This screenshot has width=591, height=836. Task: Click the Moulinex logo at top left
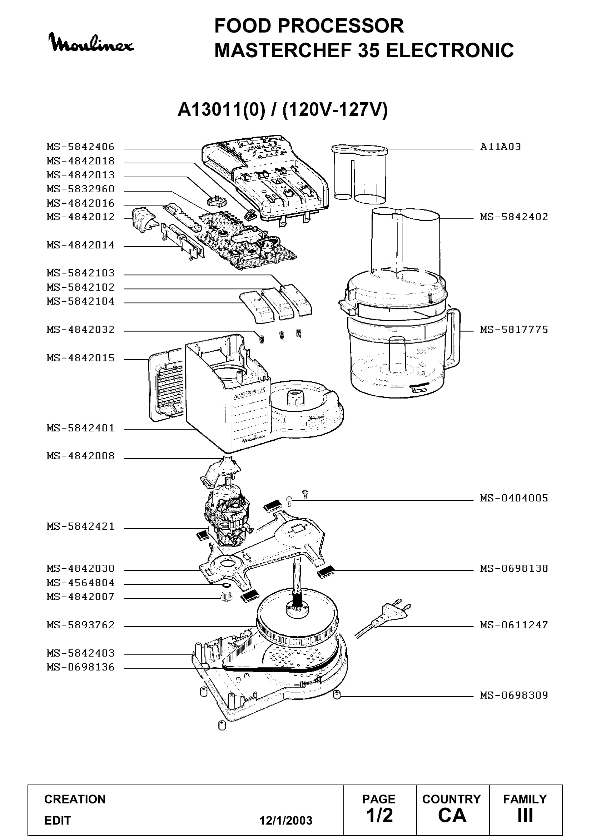91,43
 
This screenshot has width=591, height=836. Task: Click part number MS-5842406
80,147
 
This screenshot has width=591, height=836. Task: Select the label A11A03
500,147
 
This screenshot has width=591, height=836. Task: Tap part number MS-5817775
514,330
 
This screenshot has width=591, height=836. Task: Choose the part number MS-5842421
80,526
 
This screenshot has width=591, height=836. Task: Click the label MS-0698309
514,695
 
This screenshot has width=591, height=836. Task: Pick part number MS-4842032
80,330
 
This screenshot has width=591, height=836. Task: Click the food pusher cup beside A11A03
359,173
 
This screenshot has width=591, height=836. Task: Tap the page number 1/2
379,815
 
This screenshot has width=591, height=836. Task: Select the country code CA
452,815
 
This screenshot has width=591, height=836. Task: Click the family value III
525,815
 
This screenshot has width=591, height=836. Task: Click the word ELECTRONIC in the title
450,50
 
